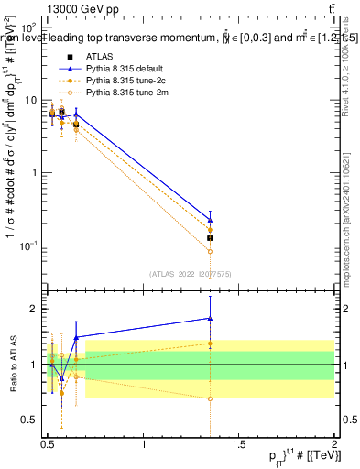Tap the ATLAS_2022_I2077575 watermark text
(191, 273)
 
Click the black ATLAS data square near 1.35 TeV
(210, 237)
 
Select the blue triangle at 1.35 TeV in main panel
(210, 220)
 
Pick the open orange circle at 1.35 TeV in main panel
(210, 251)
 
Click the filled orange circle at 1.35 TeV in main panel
(210, 231)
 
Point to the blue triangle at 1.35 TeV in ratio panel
(210, 318)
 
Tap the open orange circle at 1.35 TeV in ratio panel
(210, 398)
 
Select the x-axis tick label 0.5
(48, 443)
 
